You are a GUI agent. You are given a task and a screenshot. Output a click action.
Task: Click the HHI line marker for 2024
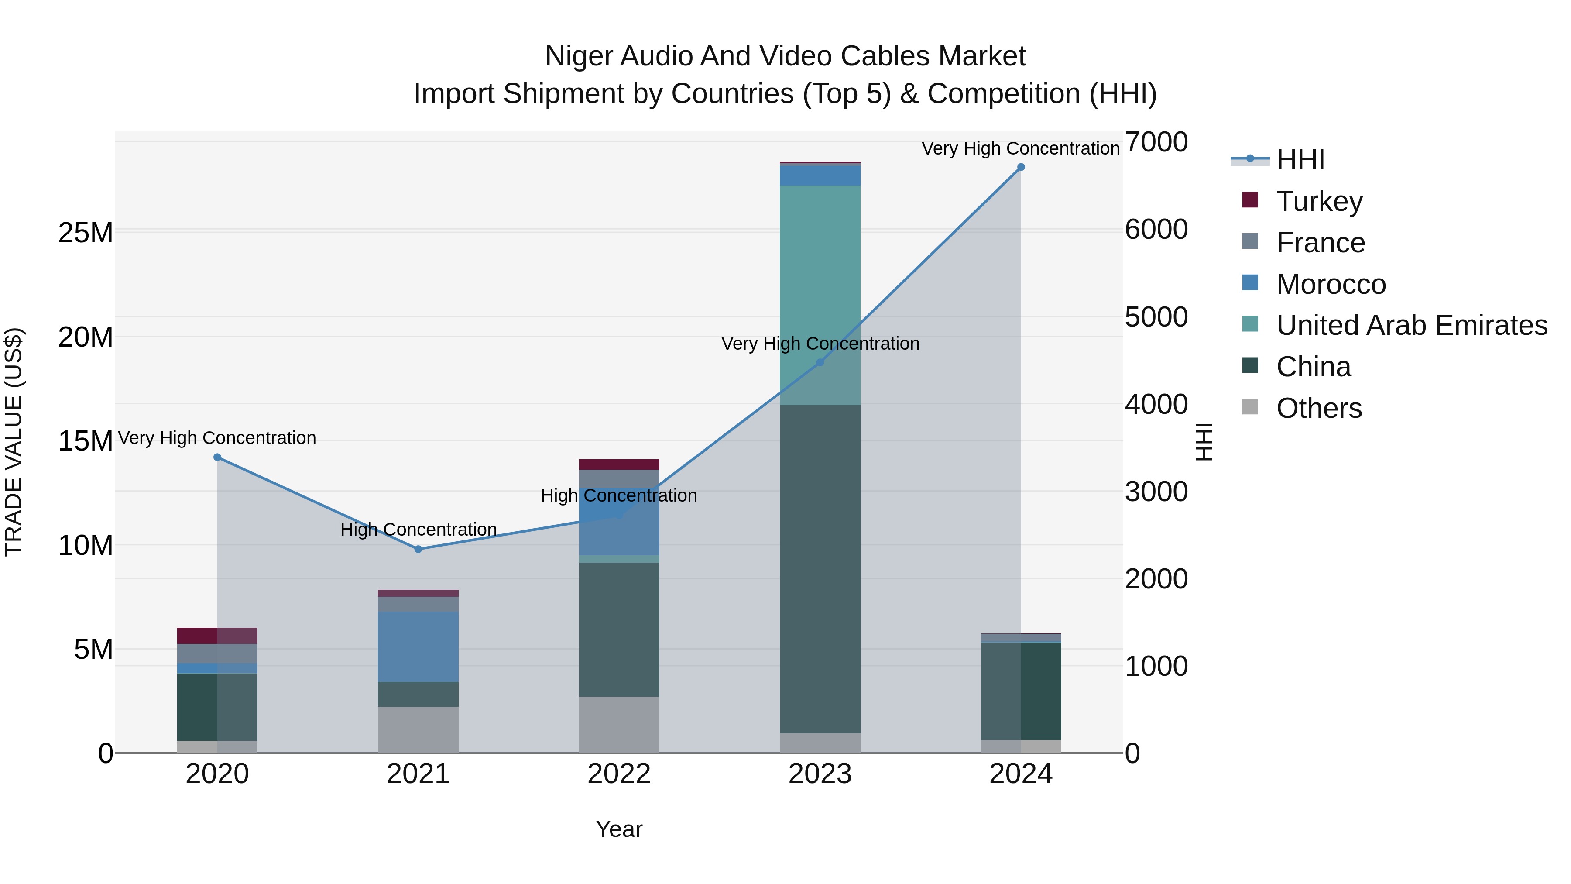[1020, 167]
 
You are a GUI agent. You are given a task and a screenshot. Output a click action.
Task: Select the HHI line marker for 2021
[418, 549]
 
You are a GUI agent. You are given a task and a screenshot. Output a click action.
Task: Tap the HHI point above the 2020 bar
[217, 457]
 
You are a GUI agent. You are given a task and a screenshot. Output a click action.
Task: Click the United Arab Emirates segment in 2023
[820, 293]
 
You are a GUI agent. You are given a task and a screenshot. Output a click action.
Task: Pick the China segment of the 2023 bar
[820, 568]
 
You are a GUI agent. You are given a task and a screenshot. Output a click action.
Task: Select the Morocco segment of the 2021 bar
[418, 647]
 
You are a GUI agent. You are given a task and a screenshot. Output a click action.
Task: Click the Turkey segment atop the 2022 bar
[618, 464]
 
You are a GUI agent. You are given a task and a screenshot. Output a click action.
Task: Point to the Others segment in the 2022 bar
[618, 724]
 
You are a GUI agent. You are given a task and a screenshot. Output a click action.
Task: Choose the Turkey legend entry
[1319, 201]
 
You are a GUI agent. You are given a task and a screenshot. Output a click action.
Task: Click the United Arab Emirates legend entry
[1411, 325]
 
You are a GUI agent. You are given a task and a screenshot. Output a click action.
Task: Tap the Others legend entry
[1318, 408]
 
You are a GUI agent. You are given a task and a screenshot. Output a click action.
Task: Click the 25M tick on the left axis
[86, 232]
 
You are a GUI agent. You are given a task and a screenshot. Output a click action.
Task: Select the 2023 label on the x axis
[820, 774]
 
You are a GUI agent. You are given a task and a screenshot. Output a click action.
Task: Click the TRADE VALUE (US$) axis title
[14, 442]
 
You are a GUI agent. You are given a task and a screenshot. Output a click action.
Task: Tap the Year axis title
[618, 829]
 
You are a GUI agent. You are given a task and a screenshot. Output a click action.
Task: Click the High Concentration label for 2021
[418, 529]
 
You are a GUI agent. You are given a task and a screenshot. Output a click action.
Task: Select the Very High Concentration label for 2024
[1020, 148]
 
